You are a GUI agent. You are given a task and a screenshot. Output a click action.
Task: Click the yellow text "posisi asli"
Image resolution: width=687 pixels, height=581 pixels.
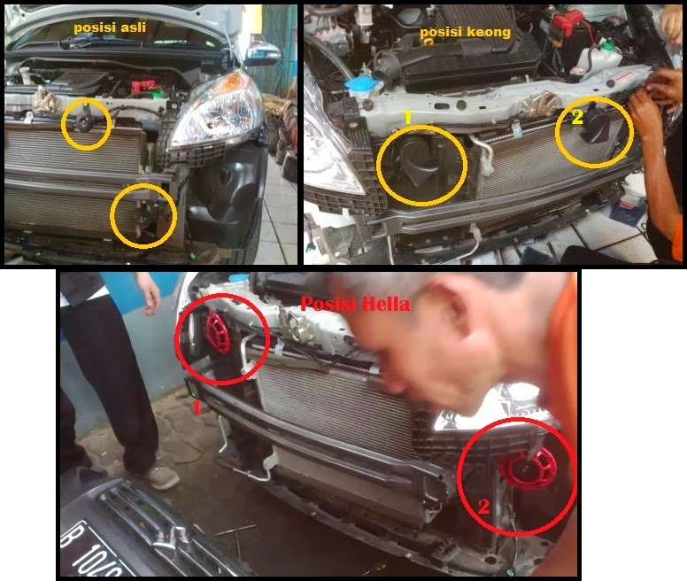(110, 27)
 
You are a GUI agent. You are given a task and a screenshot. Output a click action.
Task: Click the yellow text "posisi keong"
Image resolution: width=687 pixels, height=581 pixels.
(465, 32)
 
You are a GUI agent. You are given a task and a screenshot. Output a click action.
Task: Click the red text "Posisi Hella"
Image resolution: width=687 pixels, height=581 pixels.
(355, 304)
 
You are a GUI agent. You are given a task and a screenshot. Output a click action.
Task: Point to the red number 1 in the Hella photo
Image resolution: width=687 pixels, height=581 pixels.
(197, 407)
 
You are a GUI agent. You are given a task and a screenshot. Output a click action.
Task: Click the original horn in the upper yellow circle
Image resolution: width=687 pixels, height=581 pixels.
(86, 124)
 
